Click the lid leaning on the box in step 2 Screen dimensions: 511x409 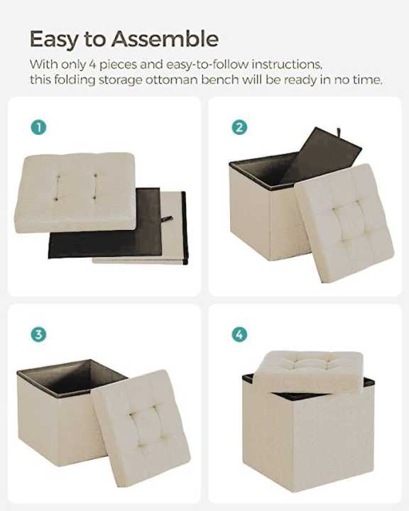pos(344,221)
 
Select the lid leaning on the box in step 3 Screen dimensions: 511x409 pos(140,425)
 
